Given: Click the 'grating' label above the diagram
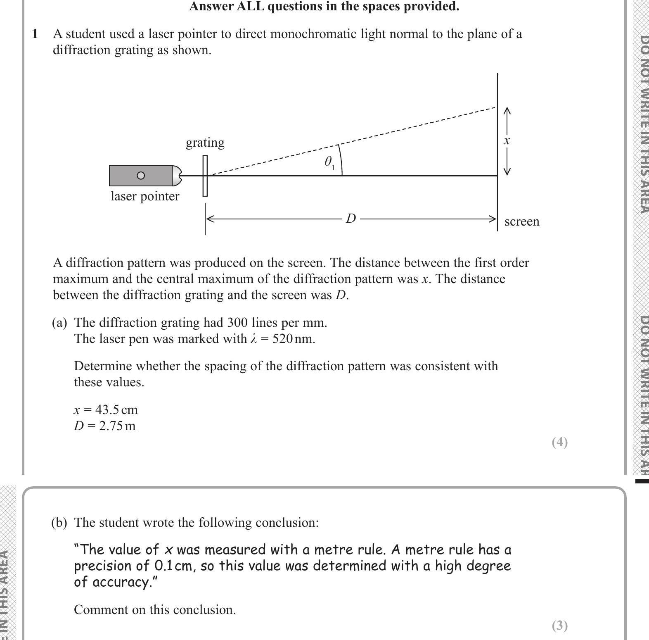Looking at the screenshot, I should pyautogui.click(x=205, y=143).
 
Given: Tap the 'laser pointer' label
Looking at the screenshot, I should pyautogui.click(x=145, y=196).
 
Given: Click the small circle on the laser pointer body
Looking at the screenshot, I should pyautogui.click(x=141, y=176).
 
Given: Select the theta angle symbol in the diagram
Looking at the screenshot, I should pyautogui.click(x=329, y=162).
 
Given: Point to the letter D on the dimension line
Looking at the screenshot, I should pyautogui.click(x=351, y=218).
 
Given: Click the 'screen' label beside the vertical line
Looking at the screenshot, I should pyautogui.click(x=521, y=221).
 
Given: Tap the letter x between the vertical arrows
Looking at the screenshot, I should pyautogui.click(x=507, y=140).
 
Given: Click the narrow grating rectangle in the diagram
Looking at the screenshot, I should pyautogui.click(x=205, y=176).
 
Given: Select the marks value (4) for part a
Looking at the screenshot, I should pyautogui.click(x=560, y=442).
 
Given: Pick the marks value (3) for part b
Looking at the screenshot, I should pyautogui.click(x=560, y=626).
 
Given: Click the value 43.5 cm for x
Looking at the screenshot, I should pyautogui.click(x=116, y=410).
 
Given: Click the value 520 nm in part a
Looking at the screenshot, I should pyautogui.click(x=293, y=339).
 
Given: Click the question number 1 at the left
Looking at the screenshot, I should pyautogui.click(x=35, y=34).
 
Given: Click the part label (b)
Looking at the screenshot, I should pyautogui.click(x=59, y=523).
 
